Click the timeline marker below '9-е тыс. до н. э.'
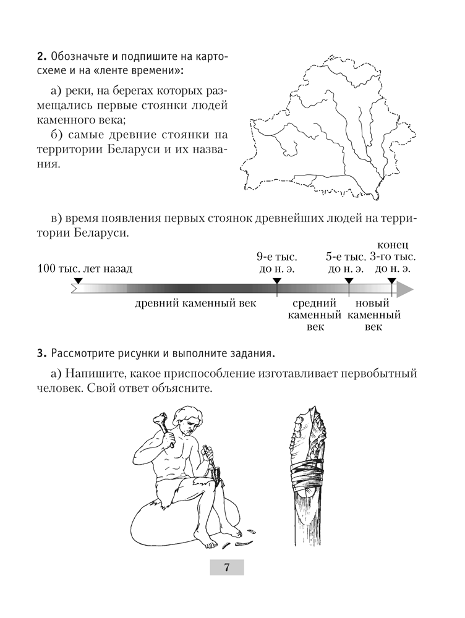click(277, 282)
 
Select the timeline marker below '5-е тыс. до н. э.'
click(349, 282)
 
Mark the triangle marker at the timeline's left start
click(77, 282)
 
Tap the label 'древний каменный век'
click(196, 304)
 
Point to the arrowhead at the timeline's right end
click(405, 289)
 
